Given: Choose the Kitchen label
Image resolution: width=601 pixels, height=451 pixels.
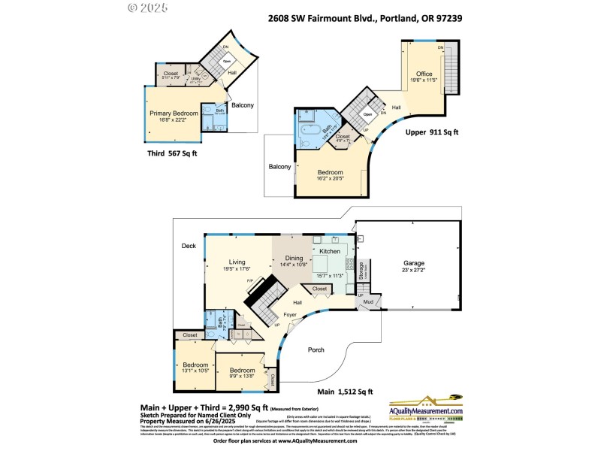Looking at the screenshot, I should [331, 251].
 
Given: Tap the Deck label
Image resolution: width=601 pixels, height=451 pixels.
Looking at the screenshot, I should [188, 246].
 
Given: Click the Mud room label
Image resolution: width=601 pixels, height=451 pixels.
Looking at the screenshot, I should [368, 302].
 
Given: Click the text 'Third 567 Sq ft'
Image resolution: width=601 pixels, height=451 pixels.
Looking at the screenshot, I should [172, 153].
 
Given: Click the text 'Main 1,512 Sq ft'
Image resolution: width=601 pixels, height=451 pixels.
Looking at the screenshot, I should [345, 392].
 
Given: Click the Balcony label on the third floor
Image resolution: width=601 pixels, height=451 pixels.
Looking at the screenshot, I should [242, 105].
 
